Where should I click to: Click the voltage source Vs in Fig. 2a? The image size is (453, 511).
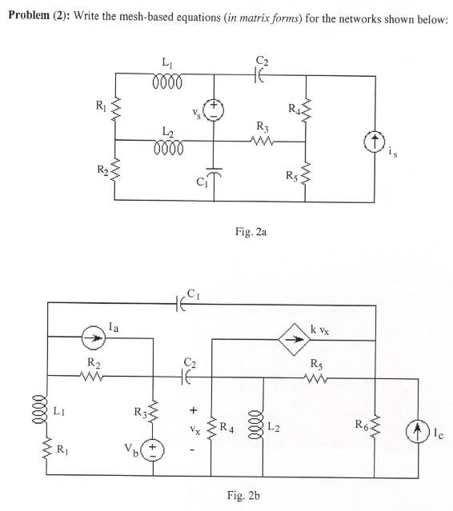(214, 110)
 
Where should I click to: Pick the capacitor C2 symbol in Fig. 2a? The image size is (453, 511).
(258, 77)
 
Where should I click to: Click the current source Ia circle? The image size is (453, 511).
(94, 338)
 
